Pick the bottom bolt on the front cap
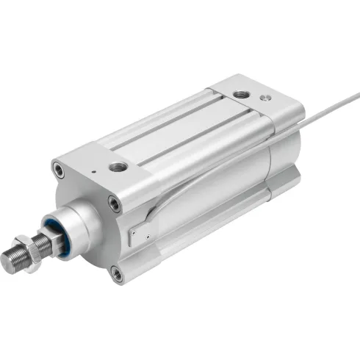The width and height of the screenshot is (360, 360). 117,273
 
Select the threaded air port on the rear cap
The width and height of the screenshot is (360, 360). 242,94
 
